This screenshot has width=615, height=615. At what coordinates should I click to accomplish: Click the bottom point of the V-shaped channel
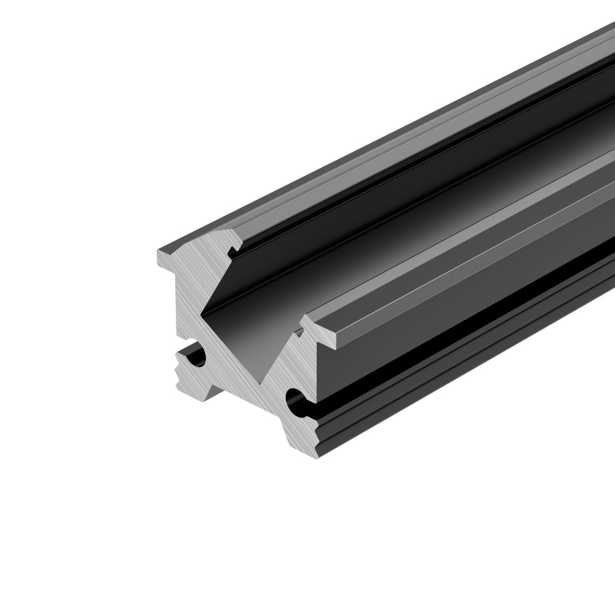pyautogui.click(x=265, y=382)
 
